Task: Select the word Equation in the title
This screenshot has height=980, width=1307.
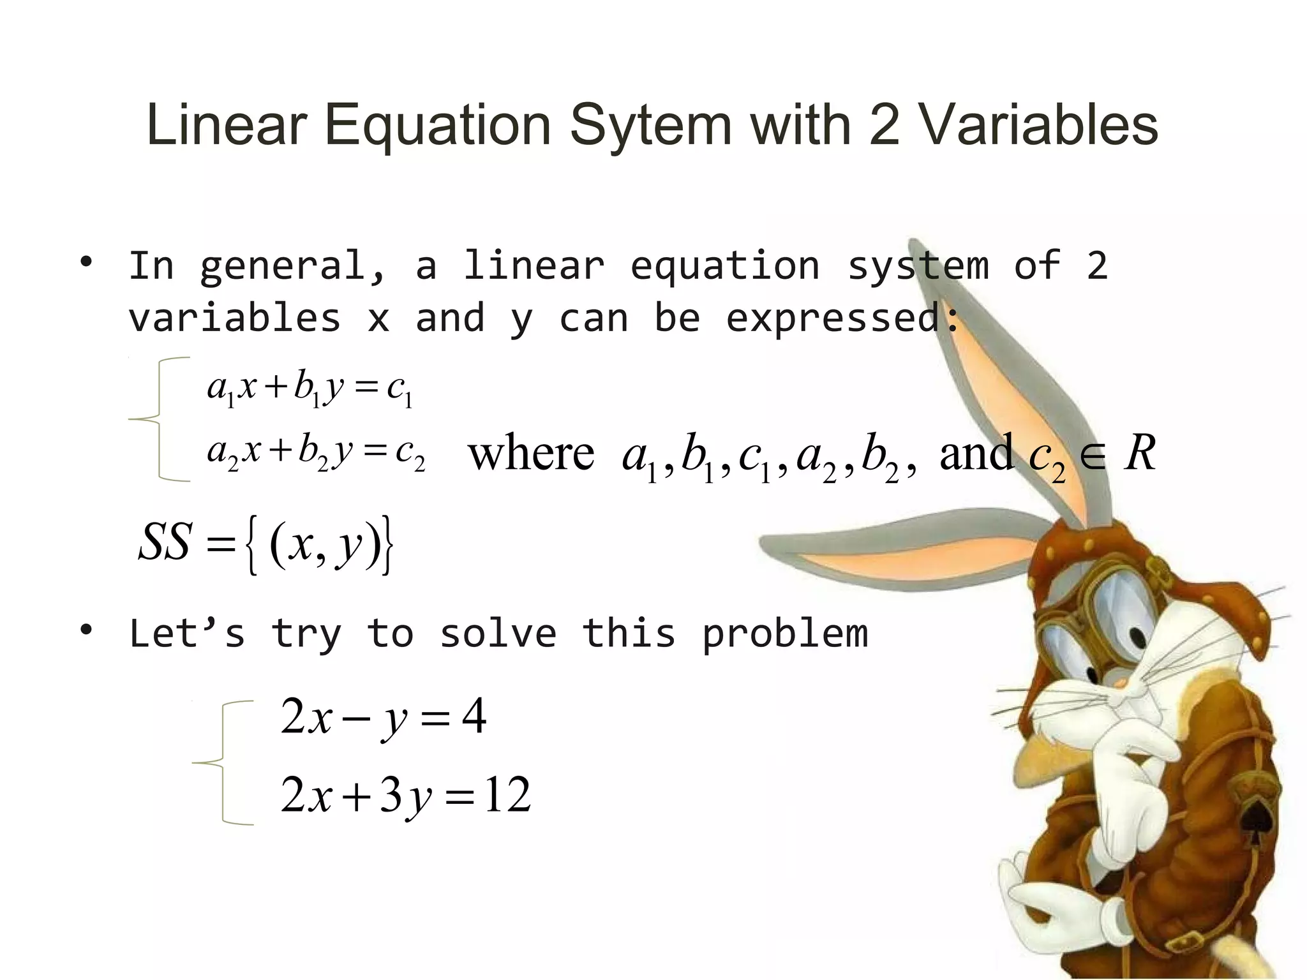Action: [x=438, y=126]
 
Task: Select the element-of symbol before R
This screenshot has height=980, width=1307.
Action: [x=1094, y=457]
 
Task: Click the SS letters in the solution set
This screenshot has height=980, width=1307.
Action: [x=165, y=542]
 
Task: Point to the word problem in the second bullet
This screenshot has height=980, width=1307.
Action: [x=785, y=634]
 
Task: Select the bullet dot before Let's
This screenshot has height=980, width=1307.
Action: [x=86, y=630]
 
